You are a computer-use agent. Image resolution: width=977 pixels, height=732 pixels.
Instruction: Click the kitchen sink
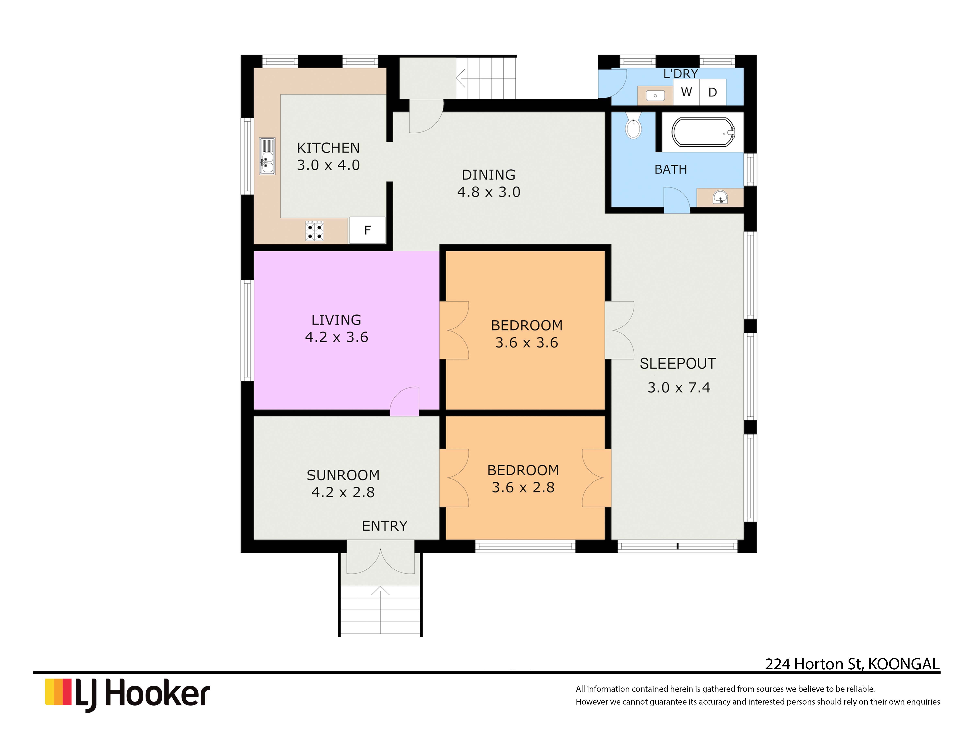pyautogui.click(x=267, y=156)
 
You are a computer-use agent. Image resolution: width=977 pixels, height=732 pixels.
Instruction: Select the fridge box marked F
pyautogui.click(x=367, y=230)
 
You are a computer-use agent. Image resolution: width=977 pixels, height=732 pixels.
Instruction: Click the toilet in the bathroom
pyautogui.click(x=633, y=126)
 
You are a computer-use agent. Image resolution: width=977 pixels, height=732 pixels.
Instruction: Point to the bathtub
pyautogui.click(x=703, y=132)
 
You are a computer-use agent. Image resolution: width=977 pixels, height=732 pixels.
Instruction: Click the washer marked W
pyautogui.click(x=686, y=92)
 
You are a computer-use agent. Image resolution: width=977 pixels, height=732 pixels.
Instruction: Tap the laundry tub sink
pyautogui.click(x=655, y=95)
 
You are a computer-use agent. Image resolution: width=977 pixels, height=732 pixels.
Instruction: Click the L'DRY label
pyautogui.click(x=681, y=74)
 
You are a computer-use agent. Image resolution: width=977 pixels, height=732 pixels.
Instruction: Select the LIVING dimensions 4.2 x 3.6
pyautogui.click(x=337, y=337)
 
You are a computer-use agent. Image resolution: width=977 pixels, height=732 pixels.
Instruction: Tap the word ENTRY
pyautogui.click(x=384, y=526)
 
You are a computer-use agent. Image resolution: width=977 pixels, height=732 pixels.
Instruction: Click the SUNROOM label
pyautogui.click(x=343, y=475)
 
